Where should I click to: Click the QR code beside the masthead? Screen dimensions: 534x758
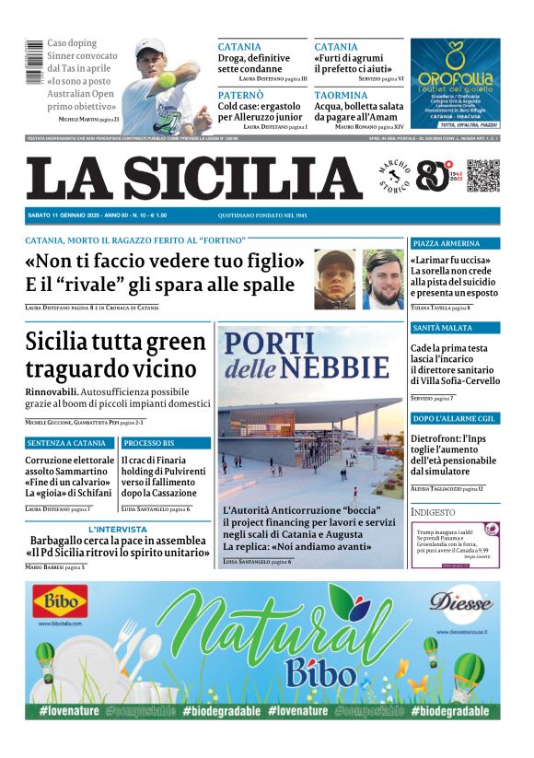click(x=482, y=176)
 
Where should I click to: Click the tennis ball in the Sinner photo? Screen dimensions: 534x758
click(x=168, y=80)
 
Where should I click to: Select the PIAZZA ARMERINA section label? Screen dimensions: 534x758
click(x=447, y=243)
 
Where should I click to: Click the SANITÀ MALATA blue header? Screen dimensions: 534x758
click(x=443, y=328)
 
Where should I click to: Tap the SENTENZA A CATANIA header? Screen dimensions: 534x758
click(x=65, y=443)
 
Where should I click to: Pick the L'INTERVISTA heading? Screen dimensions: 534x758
click(x=118, y=530)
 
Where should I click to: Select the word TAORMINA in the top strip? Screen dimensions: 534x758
click(x=341, y=95)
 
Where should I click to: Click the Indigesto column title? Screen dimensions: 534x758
click(x=433, y=511)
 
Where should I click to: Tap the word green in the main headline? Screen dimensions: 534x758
click(x=175, y=342)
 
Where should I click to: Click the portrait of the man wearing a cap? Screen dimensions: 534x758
click(x=334, y=279)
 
